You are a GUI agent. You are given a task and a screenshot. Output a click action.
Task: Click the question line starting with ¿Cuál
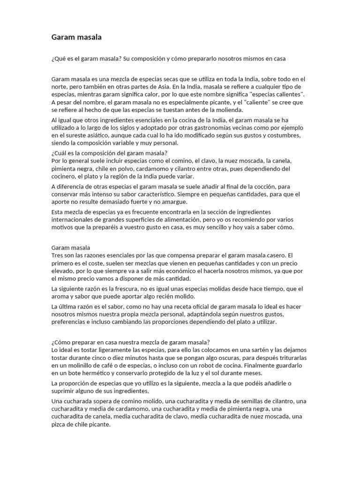tap(109, 153)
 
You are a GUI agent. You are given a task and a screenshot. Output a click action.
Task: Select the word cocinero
tap(63, 176)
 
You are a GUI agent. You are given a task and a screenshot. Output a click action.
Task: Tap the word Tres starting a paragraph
tap(57, 255)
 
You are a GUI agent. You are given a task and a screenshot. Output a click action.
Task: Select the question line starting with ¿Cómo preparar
tap(131, 342)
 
